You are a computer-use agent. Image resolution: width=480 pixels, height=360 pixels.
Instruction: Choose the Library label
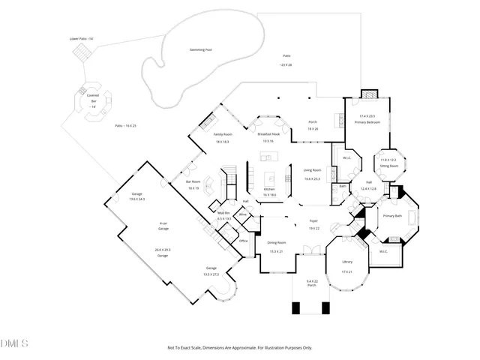pyautogui.click(x=346, y=261)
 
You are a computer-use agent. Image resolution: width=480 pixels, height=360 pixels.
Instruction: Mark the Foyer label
pyautogui.click(x=313, y=221)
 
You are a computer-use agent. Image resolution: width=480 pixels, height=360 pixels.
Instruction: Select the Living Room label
pyautogui.click(x=312, y=170)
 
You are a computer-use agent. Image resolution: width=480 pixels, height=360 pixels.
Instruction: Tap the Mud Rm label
pyautogui.click(x=223, y=213)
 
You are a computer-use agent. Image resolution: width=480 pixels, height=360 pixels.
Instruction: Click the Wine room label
pyautogui.click(x=242, y=215)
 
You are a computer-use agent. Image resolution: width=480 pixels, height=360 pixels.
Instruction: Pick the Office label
pyautogui.click(x=243, y=241)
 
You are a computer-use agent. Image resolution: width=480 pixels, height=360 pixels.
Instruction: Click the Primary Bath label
pyautogui.click(x=392, y=216)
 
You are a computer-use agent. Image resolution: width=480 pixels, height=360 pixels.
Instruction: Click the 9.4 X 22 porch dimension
pyautogui.click(x=311, y=281)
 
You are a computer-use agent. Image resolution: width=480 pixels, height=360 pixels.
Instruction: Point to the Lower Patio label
pyautogui.click(x=80, y=38)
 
